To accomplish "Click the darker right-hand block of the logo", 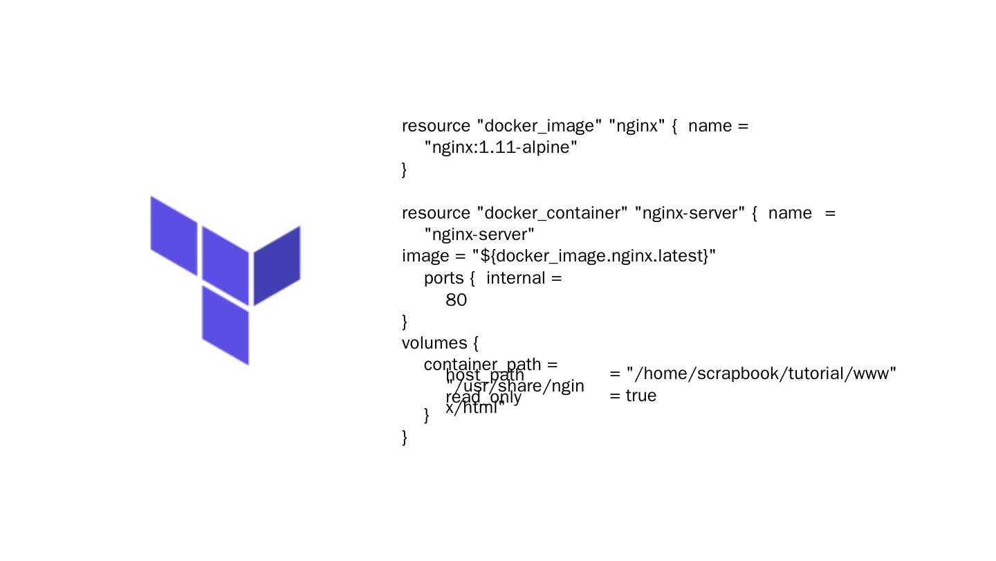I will click(x=277, y=265).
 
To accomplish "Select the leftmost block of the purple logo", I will click(x=174, y=235).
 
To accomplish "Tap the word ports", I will click(x=443, y=278).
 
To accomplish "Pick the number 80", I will click(x=456, y=300).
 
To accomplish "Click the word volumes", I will click(x=434, y=343).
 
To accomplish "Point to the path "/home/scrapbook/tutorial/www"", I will click(x=762, y=374).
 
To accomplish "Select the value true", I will click(x=640, y=396).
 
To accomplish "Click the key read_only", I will click(x=483, y=398).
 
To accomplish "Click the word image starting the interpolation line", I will click(x=425, y=257).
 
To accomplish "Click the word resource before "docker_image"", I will click(x=436, y=126).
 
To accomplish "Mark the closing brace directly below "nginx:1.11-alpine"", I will click(x=405, y=169).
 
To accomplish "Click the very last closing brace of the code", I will click(x=405, y=437).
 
